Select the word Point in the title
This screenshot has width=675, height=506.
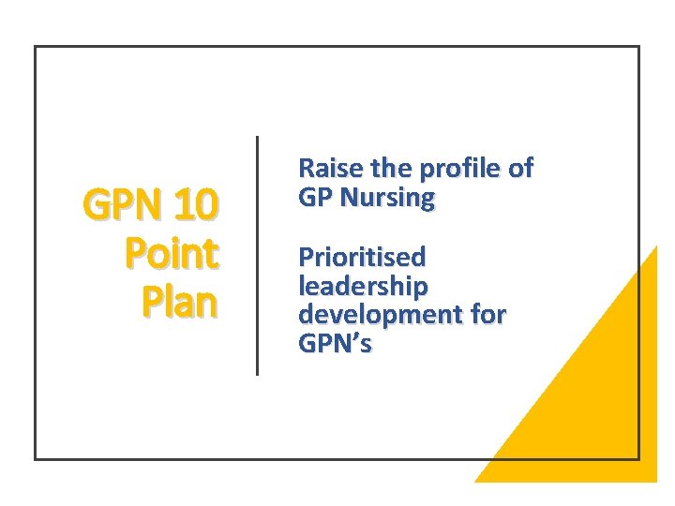point(172,253)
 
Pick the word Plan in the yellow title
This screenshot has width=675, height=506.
point(180,303)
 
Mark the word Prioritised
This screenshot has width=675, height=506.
point(362,257)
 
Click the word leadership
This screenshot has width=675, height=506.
point(362,286)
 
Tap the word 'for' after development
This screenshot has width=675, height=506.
point(487,315)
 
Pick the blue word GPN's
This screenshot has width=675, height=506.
point(335,344)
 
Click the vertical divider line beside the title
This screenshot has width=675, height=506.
point(257,255)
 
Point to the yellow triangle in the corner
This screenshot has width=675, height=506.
point(600,412)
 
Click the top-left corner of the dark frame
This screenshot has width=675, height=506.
point(36,47)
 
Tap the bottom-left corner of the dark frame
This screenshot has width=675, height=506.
point(36,458)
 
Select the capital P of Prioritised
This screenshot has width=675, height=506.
point(306,257)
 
